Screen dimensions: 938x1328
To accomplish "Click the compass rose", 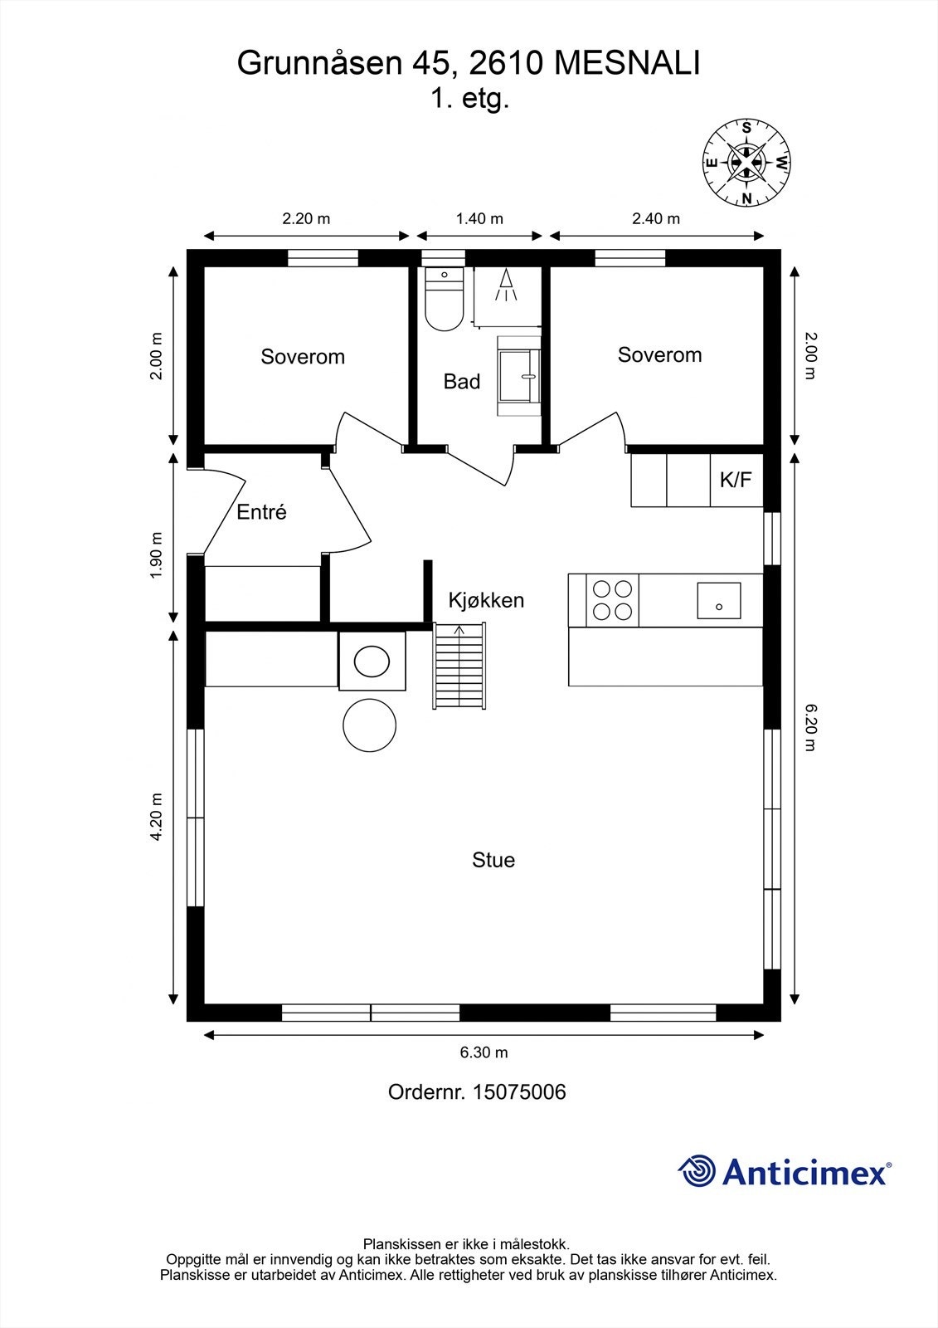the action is pyautogui.click(x=746, y=163).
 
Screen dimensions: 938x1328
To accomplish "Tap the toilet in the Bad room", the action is pyautogui.click(x=445, y=300).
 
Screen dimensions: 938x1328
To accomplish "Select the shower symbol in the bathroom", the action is pyautogui.click(x=505, y=286).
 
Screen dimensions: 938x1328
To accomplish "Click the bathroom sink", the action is pyautogui.click(x=519, y=375).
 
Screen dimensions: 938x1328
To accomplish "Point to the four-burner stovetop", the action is pyautogui.click(x=612, y=600).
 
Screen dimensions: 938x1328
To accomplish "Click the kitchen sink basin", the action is pyautogui.click(x=719, y=601).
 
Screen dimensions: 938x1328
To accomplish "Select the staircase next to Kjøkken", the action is pyautogui.click(x=459, y=665).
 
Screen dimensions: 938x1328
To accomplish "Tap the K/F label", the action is pyautogui.click(x=736, y=479).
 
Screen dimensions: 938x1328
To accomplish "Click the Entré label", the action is pyautogui.click(x=261, y=511).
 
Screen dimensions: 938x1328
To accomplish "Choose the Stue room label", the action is pyautogui.click(x=493, y=860).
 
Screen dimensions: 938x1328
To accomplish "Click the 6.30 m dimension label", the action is pyautogui.click(x=484, y=1052).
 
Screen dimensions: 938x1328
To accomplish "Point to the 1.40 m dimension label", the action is pyautogui.click(x=479, y=219).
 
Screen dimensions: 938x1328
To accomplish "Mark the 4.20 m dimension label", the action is pyautogui.click(x=156, y=817).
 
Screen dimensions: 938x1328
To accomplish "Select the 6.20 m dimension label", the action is pyautogui.click(x=810, y=727).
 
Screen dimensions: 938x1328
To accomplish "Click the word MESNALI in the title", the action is pyautogui.click(x=627, y=63).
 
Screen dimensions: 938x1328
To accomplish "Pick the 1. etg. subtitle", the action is pyautogui.click(x=469, y=99).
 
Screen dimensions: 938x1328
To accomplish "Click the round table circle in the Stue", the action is pyautogui.click(x=369, y=725).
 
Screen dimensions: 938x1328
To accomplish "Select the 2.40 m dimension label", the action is pyautogui.click(x=655, y=219).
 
